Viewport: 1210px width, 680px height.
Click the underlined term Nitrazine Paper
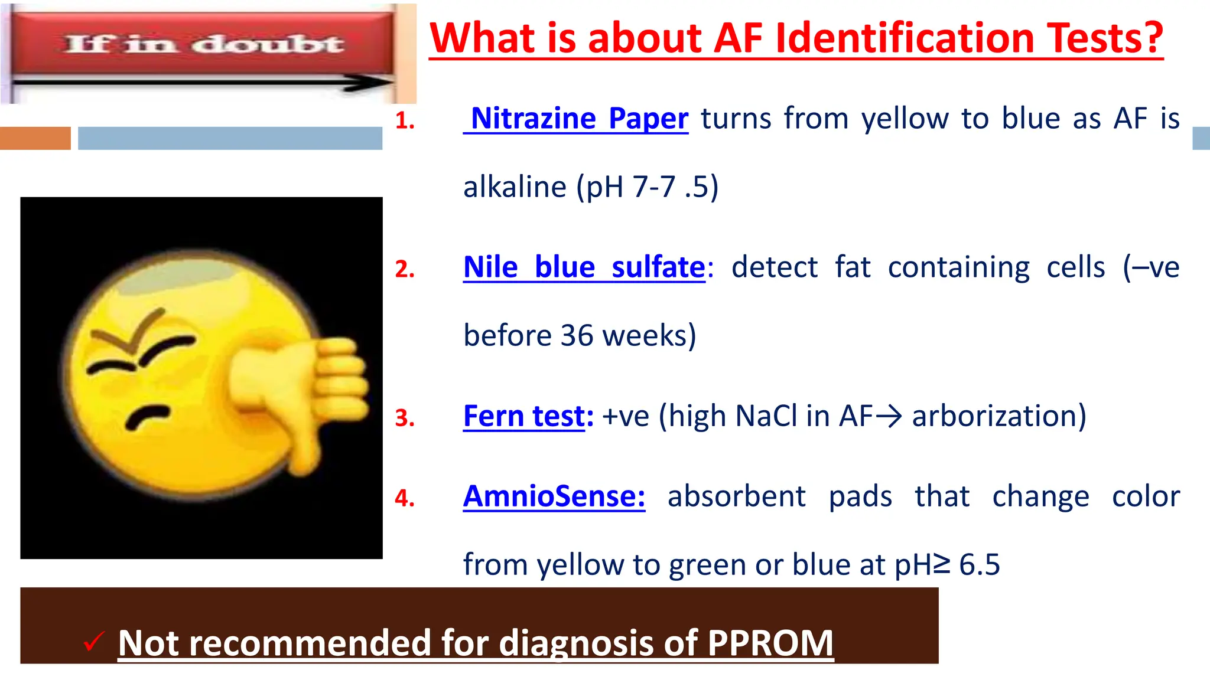pos(579,119)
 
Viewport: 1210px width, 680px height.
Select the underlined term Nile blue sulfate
pos(584,267)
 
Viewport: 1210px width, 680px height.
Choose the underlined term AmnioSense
pos(554,496)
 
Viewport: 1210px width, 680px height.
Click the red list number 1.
pos(405,121)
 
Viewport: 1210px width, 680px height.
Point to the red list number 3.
pos(405,419)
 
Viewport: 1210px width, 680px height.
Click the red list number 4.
pos(405,499)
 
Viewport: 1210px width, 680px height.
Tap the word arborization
pos(998,416)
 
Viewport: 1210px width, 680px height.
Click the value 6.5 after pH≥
pos(979,565)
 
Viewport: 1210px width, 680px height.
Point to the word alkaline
pos(515,188)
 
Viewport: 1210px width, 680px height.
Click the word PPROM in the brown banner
pos(770,643)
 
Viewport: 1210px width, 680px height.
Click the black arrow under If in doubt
pos(201,83)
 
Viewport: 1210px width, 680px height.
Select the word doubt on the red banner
pos(269,44)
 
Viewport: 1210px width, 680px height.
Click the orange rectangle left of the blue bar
pos(35,138)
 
